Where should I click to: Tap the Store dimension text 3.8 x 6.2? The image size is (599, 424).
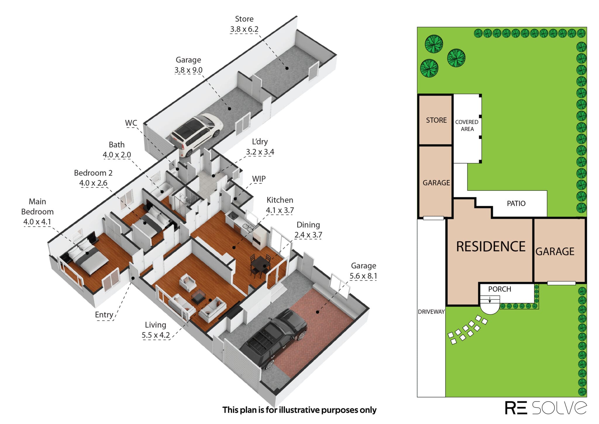coord(244,29)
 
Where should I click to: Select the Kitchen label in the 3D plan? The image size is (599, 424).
coord(280,200)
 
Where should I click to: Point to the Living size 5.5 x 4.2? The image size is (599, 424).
coord(156,335)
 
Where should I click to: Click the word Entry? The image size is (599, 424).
coord(104,315)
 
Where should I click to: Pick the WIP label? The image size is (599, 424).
coord(259,179)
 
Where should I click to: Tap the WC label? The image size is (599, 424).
coord(131,123)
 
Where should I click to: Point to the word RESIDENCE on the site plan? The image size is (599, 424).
coord(491,247)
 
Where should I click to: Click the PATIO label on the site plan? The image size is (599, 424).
coord(516,203)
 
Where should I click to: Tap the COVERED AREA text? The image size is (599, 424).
coord(467,126)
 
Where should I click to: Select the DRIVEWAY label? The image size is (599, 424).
coord(431,312)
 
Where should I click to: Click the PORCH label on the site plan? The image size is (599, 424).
coord(500,289)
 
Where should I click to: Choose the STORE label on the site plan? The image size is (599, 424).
coord(436,120)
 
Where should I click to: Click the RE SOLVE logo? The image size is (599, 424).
coord(546,407)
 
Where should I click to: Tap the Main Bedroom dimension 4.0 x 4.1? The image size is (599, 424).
coord(37,222)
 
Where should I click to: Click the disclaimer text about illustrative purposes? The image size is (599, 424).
coord(299,410)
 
